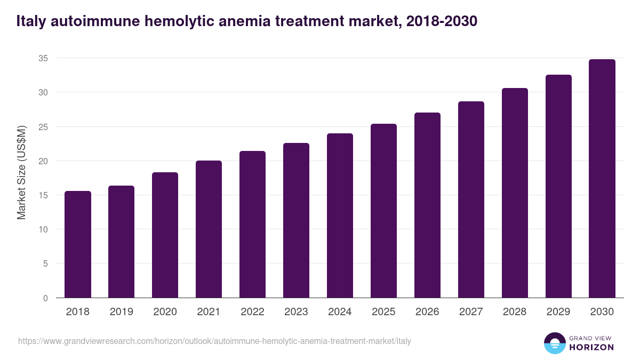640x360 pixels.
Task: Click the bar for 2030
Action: pos(602,179)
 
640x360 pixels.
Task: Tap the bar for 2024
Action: pos(340,215)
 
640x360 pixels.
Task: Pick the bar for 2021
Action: pos(209,229)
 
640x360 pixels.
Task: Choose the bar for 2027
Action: pos(471,199)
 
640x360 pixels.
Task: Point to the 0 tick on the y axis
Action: pos(45,298)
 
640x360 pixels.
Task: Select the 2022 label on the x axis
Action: pos(252,312)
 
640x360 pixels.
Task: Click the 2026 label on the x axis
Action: pos(427,312)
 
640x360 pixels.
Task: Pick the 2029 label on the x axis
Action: pos(558,312)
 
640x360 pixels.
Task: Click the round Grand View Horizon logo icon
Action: pos(554,343)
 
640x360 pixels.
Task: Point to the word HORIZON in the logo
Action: pos(591,347)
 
